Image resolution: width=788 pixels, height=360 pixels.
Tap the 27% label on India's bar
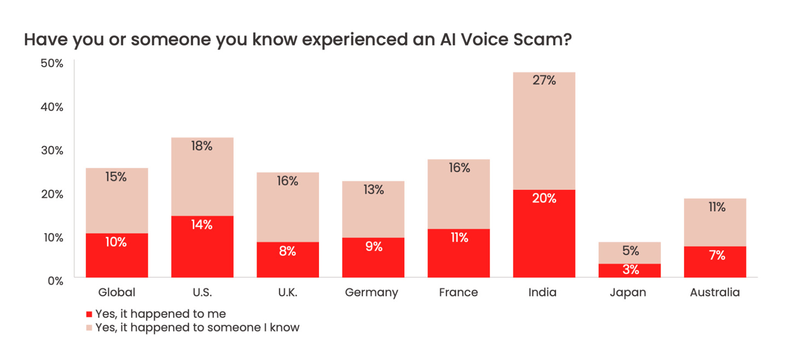coord(544,80)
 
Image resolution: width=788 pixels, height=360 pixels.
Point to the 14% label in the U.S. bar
coord(202,224)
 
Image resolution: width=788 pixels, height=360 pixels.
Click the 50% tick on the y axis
coord(52,63)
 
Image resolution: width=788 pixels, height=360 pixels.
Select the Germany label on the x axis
coord(372,293)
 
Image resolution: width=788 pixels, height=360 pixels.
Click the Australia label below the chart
coord(715,293)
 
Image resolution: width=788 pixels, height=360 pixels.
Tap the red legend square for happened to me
coord(89,315)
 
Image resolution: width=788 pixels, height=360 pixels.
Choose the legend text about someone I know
coord(198,328)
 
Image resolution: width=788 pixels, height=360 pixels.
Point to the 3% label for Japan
coord(630,270)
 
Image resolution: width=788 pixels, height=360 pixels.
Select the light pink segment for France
coord(459,194)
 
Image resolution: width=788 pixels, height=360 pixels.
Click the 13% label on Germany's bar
coord(373,190)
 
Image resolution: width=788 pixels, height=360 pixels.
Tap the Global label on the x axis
coord(117,293)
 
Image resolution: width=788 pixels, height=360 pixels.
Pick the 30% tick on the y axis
coord(52,150)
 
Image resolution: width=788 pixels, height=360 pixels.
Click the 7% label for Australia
coord(715,255)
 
